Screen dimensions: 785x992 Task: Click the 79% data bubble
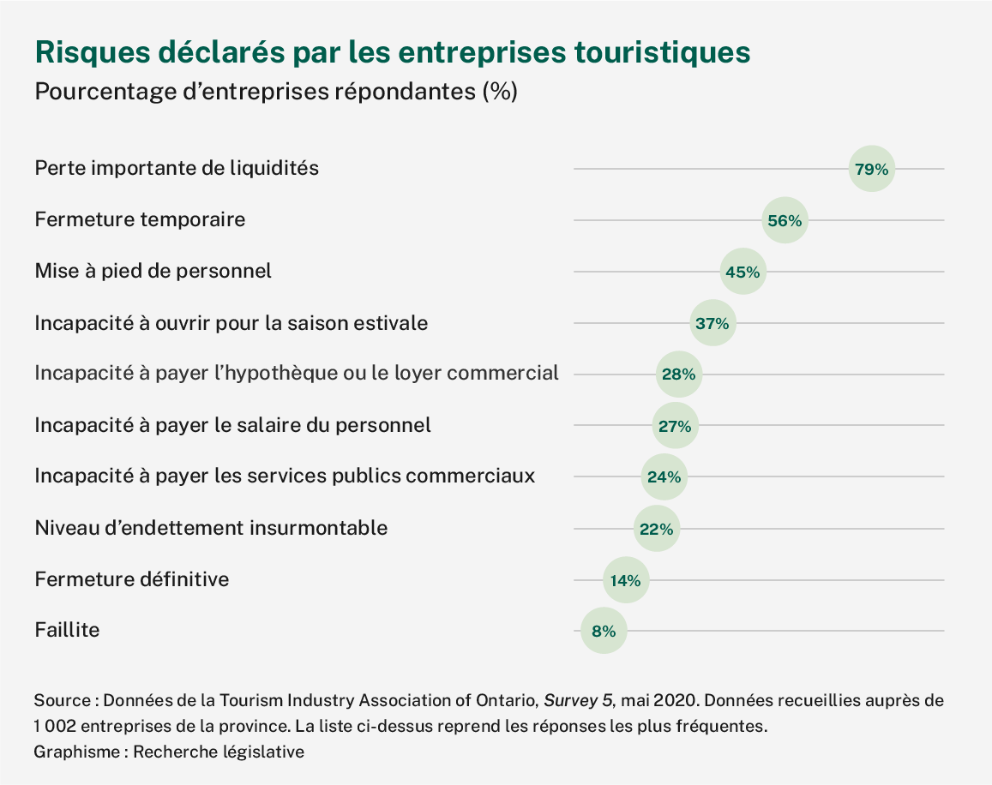point(871,169)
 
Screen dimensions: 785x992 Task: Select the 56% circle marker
point(785,220)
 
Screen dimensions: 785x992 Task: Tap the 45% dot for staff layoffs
point(742,272)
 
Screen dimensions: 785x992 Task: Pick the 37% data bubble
point(712,323)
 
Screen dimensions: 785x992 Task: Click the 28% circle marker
point(679,375)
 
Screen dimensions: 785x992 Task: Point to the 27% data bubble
point(675,426)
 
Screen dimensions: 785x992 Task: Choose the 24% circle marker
point(664,477)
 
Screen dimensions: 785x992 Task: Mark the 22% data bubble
point(656,529)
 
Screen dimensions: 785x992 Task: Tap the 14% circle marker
point(626,580)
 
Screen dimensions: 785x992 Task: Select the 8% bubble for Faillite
point(604,632)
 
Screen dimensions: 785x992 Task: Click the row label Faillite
point(67,630)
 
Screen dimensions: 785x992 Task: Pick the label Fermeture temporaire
point(140,219)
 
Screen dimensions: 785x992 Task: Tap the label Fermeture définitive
point(132,579)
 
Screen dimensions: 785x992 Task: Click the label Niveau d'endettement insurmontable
point(211,528)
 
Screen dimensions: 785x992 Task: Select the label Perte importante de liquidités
point(177,168)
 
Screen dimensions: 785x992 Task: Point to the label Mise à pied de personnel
point(153,271)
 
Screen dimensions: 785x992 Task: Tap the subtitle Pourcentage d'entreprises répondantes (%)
point(275,91)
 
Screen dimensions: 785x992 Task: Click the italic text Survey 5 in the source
point(578,700)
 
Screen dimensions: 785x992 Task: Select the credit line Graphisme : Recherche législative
point(169,752)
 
